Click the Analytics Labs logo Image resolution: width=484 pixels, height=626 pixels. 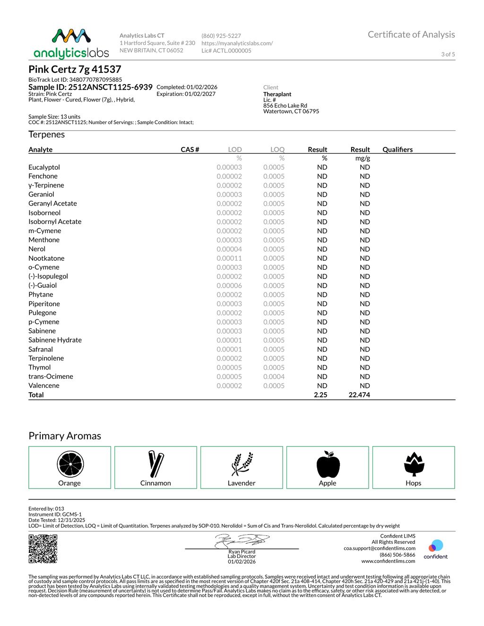(x=71, y=43)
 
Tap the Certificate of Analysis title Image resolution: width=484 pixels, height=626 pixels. (x=411, y=34)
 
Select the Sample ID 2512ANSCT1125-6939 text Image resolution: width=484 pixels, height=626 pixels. (x=90, y=87)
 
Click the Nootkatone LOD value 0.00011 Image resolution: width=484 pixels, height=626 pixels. (x=229, y=258)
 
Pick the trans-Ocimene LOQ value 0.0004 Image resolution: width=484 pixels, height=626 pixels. (x=274, y=377)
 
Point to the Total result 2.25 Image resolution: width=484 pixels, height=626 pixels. (x=320, y=395)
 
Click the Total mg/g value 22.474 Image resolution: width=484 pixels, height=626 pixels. (x=359, y=395)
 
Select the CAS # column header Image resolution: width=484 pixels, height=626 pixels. (x=190, y=150)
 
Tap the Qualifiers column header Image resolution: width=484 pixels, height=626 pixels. (x=398, y=150)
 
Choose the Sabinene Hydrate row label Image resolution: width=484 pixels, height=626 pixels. (x=55, y=340)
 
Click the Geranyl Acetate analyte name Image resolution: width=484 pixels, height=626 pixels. (x=52, y=204)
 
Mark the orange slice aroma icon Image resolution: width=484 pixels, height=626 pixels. (x=70, y=464)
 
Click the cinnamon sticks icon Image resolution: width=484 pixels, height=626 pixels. (x=156, y=464)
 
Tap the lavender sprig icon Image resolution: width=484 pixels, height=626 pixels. (x=242, y=464)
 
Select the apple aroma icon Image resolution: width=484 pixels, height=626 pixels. (x=328, y=464)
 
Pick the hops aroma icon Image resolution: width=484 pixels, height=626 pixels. (x=414, y=464)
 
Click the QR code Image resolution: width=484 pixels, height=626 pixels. (x=43, y=549)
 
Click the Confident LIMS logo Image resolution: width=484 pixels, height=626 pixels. (x=436, y=549)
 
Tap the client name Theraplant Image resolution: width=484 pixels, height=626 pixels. (x=277, y=94)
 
